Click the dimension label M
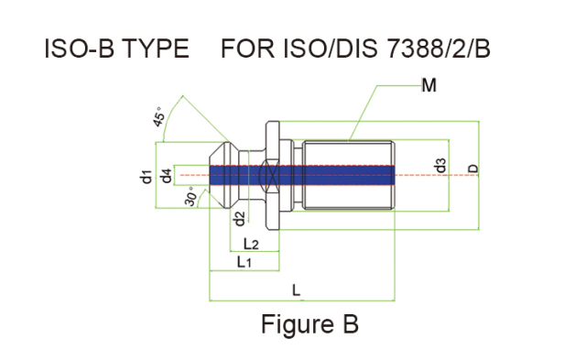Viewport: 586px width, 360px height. coord(429,86)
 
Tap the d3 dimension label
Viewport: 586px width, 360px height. coord(441,166)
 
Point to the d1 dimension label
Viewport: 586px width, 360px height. coord(146,176)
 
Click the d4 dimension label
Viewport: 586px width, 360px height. coord(167,176)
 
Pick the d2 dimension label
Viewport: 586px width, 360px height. coord(239,218)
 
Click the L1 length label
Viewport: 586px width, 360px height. coord(244,262)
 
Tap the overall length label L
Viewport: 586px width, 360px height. coord(296,289)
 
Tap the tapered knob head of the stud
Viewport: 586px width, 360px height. coord(223,174)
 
